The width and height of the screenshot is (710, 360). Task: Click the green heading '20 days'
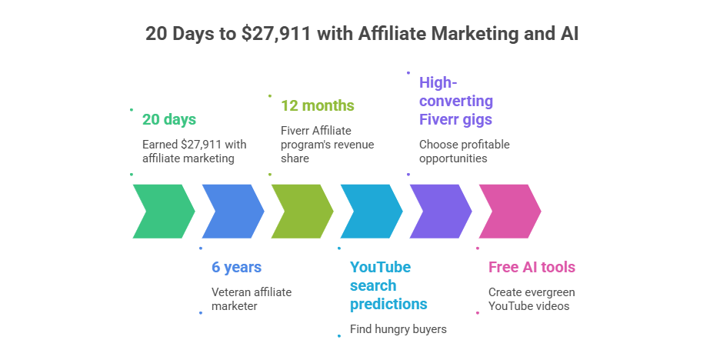point(169,119)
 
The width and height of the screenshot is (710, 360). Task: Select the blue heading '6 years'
point(236,267)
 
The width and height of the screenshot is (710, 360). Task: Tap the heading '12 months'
point(318,105)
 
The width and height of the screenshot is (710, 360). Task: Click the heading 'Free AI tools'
point(532,267)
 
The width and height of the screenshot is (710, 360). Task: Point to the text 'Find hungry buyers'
point(398,329)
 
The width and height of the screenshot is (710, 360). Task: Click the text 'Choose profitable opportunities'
point(464,152)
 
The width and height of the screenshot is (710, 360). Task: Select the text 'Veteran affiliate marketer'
point(252,299)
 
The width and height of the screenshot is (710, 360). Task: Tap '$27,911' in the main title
point(276,34)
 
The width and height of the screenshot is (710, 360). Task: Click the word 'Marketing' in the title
point(475,34)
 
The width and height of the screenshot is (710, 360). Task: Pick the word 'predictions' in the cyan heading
point(388,304)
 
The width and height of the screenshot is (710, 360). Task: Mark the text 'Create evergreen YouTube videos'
point(532,299)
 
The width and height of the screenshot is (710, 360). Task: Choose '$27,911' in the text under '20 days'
point(201,145)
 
